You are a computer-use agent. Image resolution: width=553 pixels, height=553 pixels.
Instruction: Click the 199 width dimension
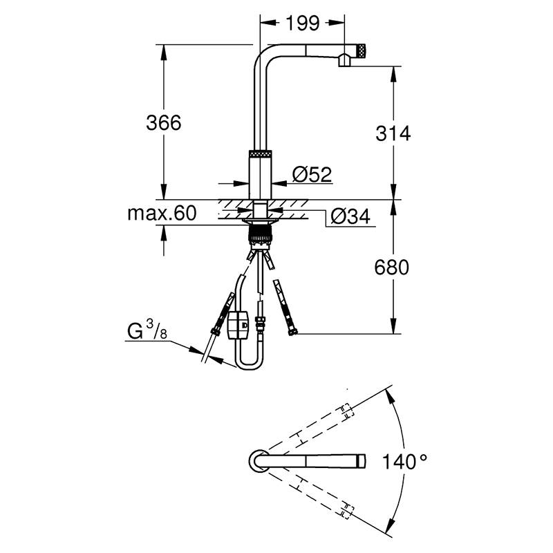coord(302,24)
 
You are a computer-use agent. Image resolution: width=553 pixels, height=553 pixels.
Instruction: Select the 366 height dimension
coord(164,123)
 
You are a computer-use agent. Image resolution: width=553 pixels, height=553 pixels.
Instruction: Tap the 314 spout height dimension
coord(393,133)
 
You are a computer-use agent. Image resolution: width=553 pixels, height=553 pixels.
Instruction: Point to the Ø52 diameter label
coord(312,174)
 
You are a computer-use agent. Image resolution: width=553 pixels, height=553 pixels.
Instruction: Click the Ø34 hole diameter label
coord(350,216)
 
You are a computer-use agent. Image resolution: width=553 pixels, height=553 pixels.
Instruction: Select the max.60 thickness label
coord(162,214)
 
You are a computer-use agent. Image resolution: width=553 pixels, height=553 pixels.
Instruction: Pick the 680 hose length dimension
coord(391,267)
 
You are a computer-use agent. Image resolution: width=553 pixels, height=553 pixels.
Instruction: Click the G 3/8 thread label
coord(147,331)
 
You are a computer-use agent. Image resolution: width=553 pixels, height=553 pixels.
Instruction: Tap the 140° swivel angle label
coord(405,462)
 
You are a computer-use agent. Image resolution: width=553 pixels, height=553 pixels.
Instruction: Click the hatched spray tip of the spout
coord(362,51)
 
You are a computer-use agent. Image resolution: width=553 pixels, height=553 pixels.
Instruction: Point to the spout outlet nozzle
coord(344,61)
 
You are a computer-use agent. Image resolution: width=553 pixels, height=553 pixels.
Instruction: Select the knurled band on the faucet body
coord(261,154)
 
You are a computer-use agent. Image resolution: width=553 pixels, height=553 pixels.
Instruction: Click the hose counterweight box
coord(238,324)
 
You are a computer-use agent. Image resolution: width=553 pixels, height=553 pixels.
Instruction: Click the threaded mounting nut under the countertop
coord(261,235)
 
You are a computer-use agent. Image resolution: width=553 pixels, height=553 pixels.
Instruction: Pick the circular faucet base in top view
coord(259,461)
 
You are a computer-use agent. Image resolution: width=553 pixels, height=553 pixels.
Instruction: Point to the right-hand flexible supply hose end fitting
coord(292,331)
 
